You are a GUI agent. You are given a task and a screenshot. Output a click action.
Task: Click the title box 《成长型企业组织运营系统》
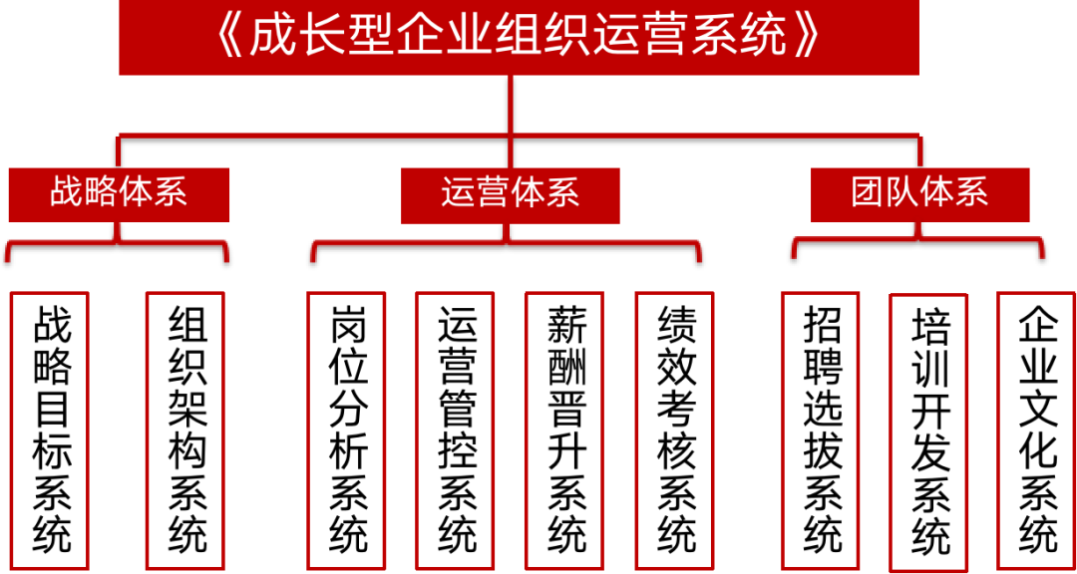519,37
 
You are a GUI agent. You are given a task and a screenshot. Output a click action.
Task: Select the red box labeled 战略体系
119,193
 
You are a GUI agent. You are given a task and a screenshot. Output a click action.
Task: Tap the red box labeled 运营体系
510,193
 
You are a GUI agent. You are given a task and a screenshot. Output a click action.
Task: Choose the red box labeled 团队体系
919,193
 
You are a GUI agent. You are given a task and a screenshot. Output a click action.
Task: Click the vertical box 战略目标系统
51,429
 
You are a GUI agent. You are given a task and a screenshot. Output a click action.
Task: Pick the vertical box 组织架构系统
186,429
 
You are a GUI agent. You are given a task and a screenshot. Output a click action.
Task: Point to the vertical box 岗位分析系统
347,429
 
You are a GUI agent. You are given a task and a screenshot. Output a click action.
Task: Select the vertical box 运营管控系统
456,429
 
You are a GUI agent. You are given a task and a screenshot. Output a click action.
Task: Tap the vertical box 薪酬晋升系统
565,429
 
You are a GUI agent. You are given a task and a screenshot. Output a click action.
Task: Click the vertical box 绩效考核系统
675,429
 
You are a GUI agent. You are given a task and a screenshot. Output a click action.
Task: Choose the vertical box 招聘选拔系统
821,429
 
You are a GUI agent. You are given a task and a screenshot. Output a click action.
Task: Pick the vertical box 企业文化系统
1037,429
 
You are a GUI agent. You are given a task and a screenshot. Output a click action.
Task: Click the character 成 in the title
273,37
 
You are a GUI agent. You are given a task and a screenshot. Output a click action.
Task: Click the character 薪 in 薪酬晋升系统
565,327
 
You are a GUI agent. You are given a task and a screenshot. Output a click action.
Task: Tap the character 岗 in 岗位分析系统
347,327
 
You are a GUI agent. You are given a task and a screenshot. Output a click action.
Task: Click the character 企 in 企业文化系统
1037,327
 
